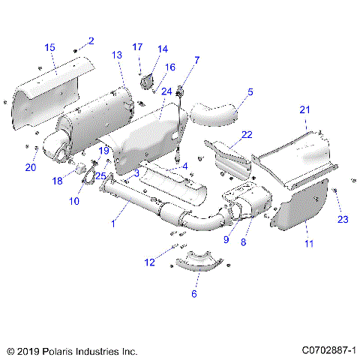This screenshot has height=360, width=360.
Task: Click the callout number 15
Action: pos(49,48)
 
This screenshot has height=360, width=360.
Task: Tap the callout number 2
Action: pos(91,40)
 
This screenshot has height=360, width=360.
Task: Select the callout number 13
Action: pos(117,55)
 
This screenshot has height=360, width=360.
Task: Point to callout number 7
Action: pos(196,59)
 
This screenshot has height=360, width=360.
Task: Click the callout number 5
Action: pos(250,92)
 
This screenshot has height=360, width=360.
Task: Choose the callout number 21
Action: pos(304,109)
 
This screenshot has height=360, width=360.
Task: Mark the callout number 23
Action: pos(343,219)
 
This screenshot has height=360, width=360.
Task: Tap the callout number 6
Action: pos(194,293)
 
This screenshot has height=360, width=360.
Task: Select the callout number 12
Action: pos(150,262)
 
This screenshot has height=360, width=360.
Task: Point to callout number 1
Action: pos(113,223)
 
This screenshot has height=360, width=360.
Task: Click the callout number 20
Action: pos(31,167)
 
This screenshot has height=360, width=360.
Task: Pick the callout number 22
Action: pos(246,134)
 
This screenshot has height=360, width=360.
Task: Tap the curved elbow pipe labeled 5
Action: pos(215,114)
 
